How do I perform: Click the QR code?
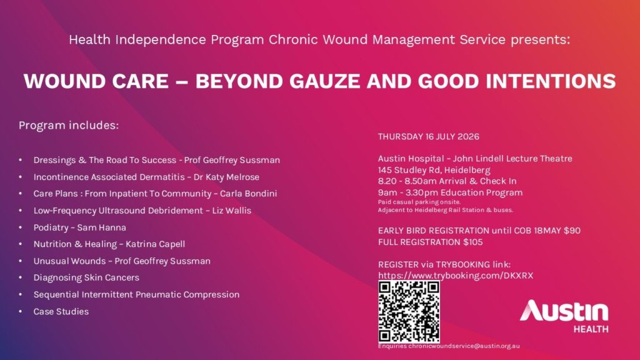point(409,312)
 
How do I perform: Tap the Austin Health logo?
point(564,316)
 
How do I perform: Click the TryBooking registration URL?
point(456,276)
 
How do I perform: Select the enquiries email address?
point(464,346)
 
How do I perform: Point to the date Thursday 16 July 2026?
point(429,136)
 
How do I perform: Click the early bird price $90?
point(572,231)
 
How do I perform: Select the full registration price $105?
point(472,242)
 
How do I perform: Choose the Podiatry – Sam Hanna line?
point(79,227)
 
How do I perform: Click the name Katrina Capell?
point(155,244)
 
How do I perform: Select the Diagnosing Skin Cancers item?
point(86,277)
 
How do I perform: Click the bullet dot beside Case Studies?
point(21,311)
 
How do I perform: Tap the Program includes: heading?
point(69,125)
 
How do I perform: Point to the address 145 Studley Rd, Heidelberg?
point(434,170)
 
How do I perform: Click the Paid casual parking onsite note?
point(419,202)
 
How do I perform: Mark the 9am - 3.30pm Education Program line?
point(450,192)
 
